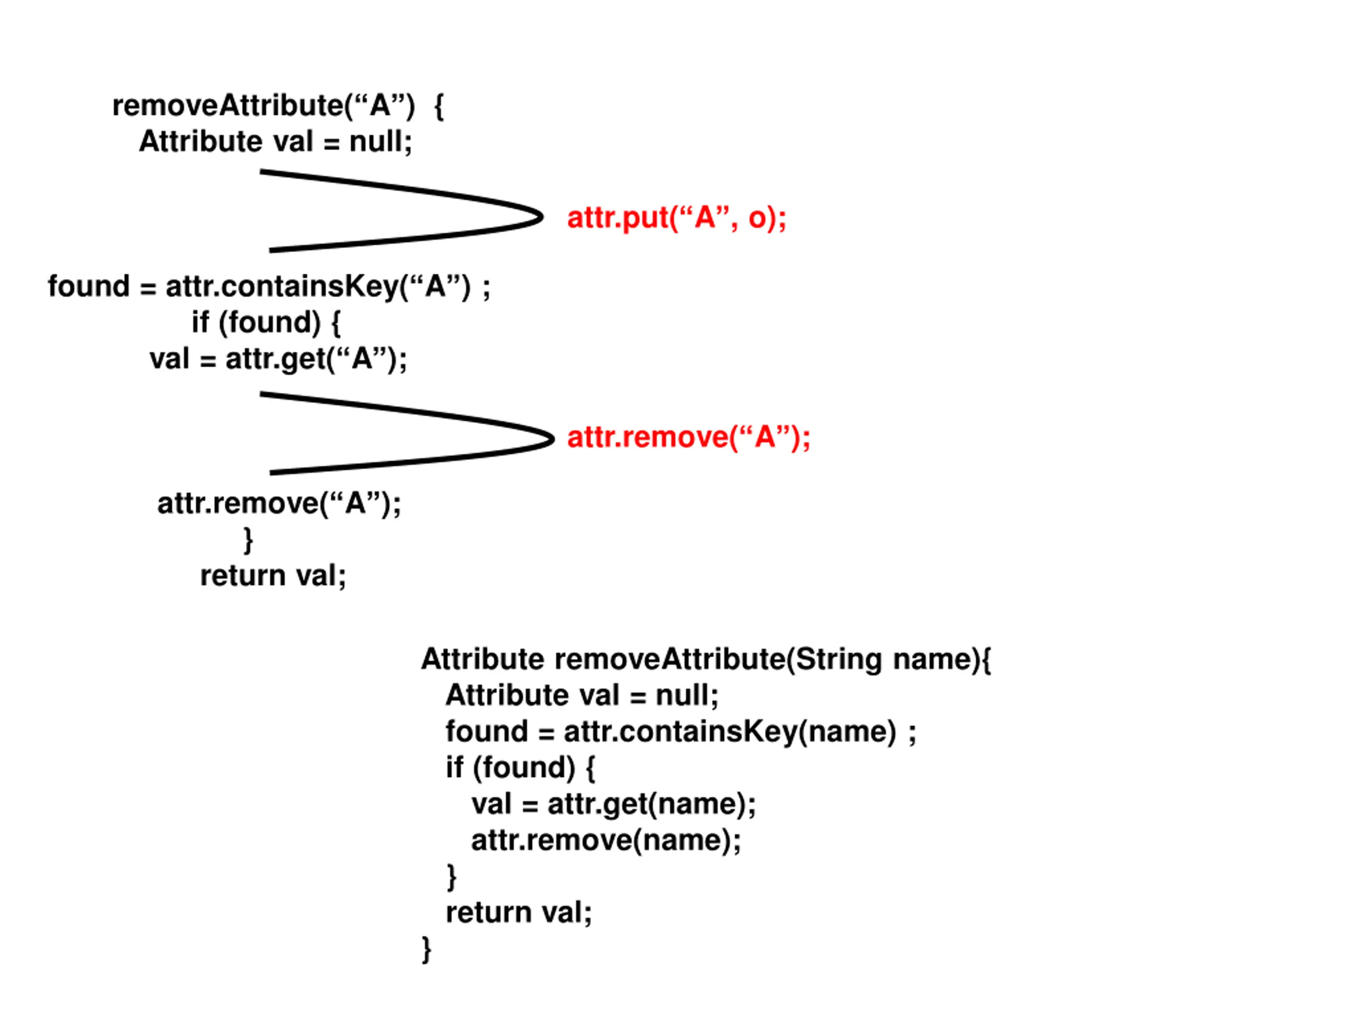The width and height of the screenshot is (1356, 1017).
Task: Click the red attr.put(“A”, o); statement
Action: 677,218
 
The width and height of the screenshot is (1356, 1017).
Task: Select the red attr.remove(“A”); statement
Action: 689,438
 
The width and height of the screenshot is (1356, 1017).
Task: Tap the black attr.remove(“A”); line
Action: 279,504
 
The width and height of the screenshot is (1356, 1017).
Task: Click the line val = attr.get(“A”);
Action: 278,359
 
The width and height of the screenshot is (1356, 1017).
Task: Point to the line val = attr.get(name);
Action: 613,804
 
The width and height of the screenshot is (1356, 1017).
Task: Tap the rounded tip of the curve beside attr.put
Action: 541,217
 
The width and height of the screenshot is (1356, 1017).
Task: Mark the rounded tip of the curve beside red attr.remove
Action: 552,438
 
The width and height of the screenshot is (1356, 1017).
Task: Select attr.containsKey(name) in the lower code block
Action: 730,732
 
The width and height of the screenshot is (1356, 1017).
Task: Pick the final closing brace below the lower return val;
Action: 426,950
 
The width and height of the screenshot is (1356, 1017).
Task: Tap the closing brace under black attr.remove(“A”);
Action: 248,540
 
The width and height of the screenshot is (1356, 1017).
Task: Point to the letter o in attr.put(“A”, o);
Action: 757,219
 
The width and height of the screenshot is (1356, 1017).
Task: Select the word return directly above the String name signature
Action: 243,576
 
